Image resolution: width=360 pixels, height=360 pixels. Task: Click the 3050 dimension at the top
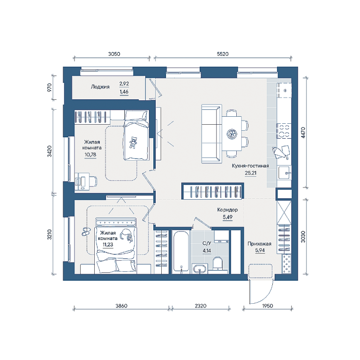(114, 54)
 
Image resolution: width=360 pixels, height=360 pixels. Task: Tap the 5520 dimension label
(223, 54)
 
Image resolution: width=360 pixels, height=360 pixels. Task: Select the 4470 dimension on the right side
(303, 133)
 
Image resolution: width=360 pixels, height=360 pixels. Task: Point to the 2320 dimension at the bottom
(201, 306)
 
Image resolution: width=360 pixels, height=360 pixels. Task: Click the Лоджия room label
(100, 87)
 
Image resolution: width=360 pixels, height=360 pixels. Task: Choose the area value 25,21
(250, 173)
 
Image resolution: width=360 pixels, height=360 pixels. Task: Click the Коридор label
(227, 210)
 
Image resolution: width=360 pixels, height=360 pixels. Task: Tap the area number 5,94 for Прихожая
(260, 250)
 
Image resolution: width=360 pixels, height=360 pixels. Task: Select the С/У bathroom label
(207, 243)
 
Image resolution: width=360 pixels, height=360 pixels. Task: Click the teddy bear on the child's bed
(133, 142)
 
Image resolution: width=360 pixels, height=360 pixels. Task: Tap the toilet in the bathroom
(217, 263)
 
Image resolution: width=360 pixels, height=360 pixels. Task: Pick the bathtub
(181, 252)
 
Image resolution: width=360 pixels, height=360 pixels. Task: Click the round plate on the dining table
(232, 134)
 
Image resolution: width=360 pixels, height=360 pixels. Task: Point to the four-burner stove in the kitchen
(284, 131)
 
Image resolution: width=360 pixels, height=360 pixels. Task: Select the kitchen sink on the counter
(284, 172)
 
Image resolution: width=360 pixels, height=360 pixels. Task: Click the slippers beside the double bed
(86, 232)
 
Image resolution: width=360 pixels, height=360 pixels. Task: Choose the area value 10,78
(90, 155)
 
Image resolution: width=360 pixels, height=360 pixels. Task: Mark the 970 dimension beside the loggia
(49, 88)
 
